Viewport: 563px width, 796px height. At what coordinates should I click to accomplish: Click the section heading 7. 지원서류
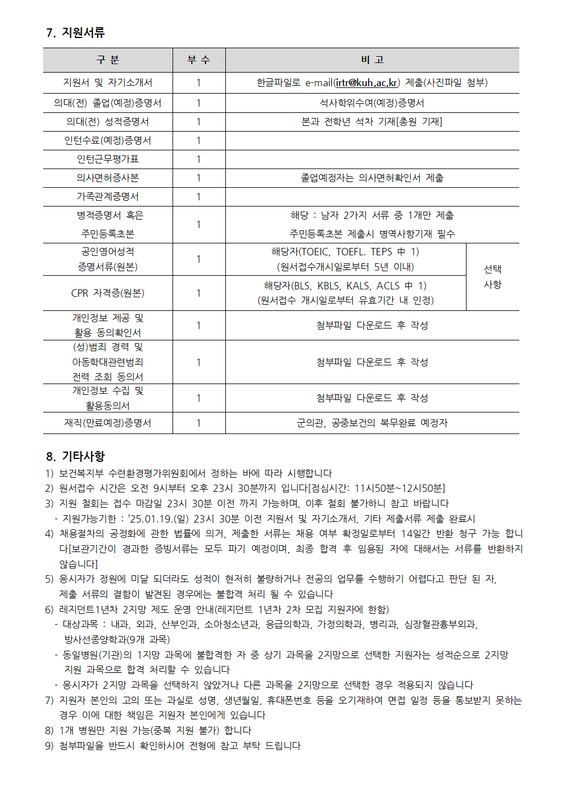click(75, 33)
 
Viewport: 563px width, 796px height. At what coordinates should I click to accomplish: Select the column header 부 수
click(199, 60)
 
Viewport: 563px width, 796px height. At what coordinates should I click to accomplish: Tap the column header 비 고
click(372, 60)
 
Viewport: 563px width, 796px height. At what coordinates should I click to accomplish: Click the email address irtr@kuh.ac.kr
click(367, 83)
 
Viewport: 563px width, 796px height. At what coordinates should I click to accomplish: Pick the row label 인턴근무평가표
click(108, 159)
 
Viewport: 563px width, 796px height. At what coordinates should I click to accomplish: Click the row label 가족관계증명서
click(108, 197)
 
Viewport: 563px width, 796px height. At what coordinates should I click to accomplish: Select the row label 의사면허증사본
click(108, 178)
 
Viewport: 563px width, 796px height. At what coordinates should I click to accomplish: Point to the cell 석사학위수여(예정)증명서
click(372, 103)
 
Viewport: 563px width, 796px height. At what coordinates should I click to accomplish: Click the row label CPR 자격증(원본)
click(108, 293)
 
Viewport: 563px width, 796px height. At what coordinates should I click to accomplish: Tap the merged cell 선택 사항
click(492, 277)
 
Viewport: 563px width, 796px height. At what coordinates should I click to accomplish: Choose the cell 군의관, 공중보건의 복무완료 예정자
click(372, 423)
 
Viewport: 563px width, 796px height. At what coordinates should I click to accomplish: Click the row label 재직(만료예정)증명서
click(108, 423)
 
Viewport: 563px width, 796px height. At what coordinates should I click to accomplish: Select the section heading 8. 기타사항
click(75, 457)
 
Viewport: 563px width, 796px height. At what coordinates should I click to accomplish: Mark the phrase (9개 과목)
click(144, 640)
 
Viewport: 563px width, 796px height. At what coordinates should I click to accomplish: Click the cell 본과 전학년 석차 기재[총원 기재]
click(372, 122)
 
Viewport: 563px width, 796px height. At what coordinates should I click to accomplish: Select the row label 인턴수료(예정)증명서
click(108, 141)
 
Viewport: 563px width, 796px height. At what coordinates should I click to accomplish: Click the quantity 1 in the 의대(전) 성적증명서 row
click(199, 122)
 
